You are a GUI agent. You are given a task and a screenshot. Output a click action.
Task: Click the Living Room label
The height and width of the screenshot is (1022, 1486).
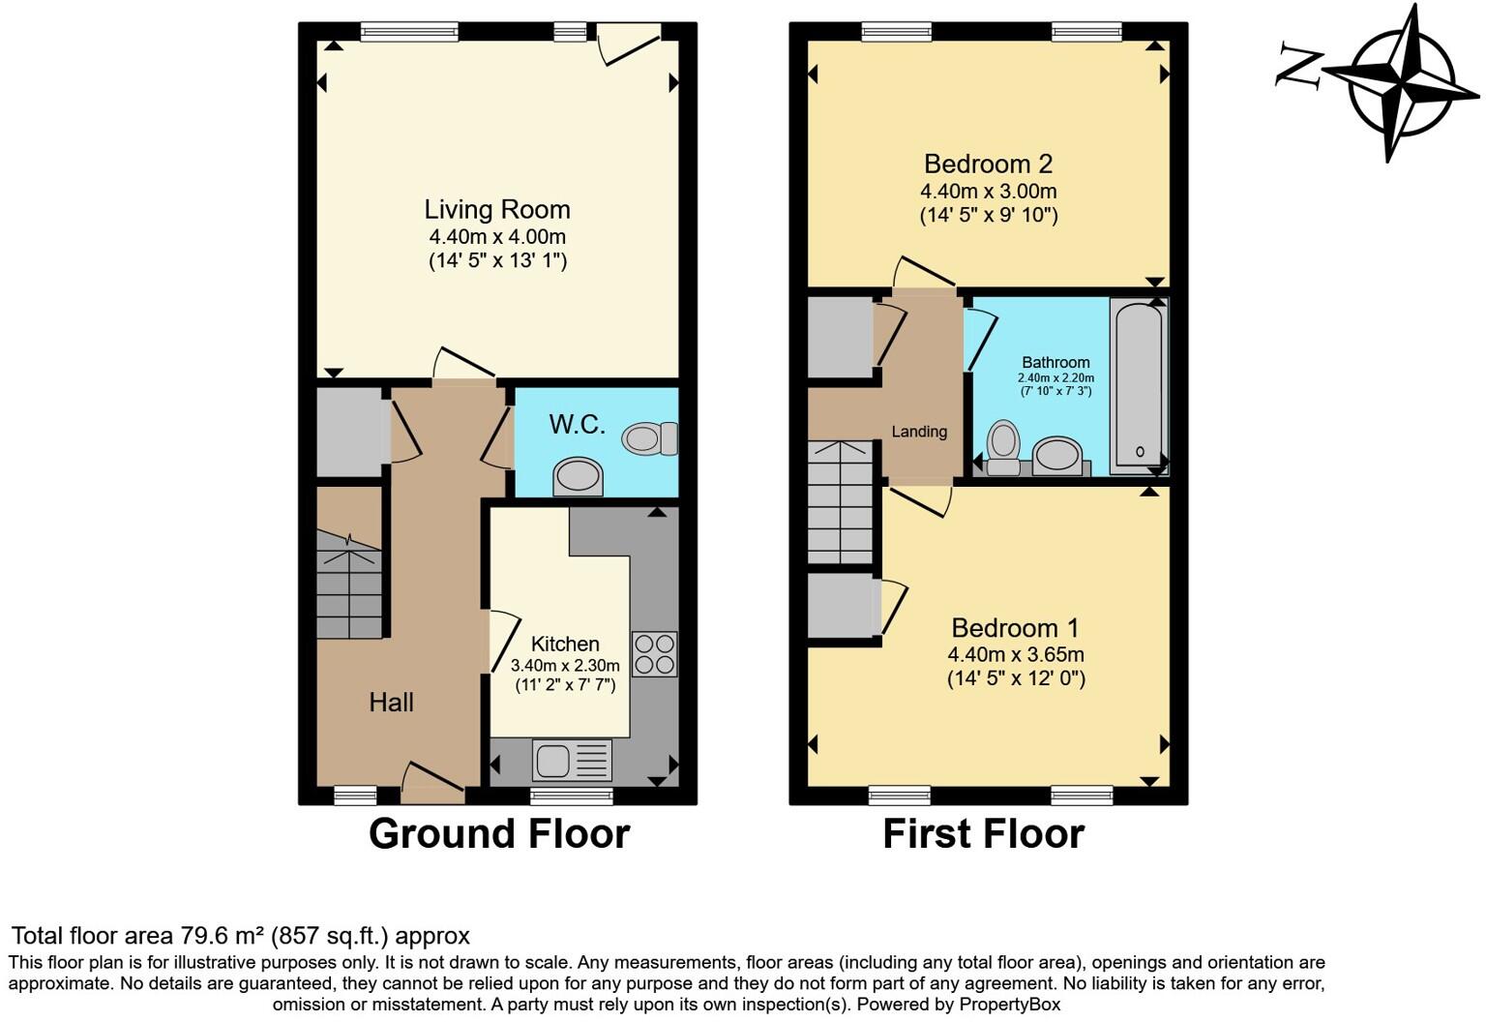pos(497,209)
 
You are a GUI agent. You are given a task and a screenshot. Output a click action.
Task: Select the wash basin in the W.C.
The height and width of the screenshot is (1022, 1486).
pos(579,476)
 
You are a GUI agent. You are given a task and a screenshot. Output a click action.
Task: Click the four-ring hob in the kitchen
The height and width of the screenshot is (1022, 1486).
pos(654,653)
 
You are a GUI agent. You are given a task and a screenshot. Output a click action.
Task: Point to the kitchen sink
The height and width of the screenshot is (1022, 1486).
pos(571,760)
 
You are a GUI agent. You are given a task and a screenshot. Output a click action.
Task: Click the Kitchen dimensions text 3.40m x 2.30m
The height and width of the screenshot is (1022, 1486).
pos(565,666)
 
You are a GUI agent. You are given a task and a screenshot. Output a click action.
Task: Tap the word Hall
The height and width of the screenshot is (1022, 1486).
pos(391,703)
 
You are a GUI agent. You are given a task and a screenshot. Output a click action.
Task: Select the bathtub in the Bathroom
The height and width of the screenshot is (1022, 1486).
pos(1138,385)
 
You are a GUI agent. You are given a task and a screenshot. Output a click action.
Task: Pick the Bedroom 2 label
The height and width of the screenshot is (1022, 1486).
pos(988,164)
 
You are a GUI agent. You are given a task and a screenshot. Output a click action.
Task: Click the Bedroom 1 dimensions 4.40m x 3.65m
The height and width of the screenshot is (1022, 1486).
pos(1016,655)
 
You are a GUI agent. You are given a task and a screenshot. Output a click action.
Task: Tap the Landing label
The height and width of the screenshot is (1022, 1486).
pos(919,432)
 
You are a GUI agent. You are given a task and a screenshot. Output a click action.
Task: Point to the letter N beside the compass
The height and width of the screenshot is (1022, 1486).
pos(1299,66)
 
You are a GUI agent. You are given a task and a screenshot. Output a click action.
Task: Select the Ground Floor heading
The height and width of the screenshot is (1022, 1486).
pos(499,833)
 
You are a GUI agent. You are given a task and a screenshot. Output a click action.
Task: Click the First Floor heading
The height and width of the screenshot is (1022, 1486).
pos(983,833)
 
